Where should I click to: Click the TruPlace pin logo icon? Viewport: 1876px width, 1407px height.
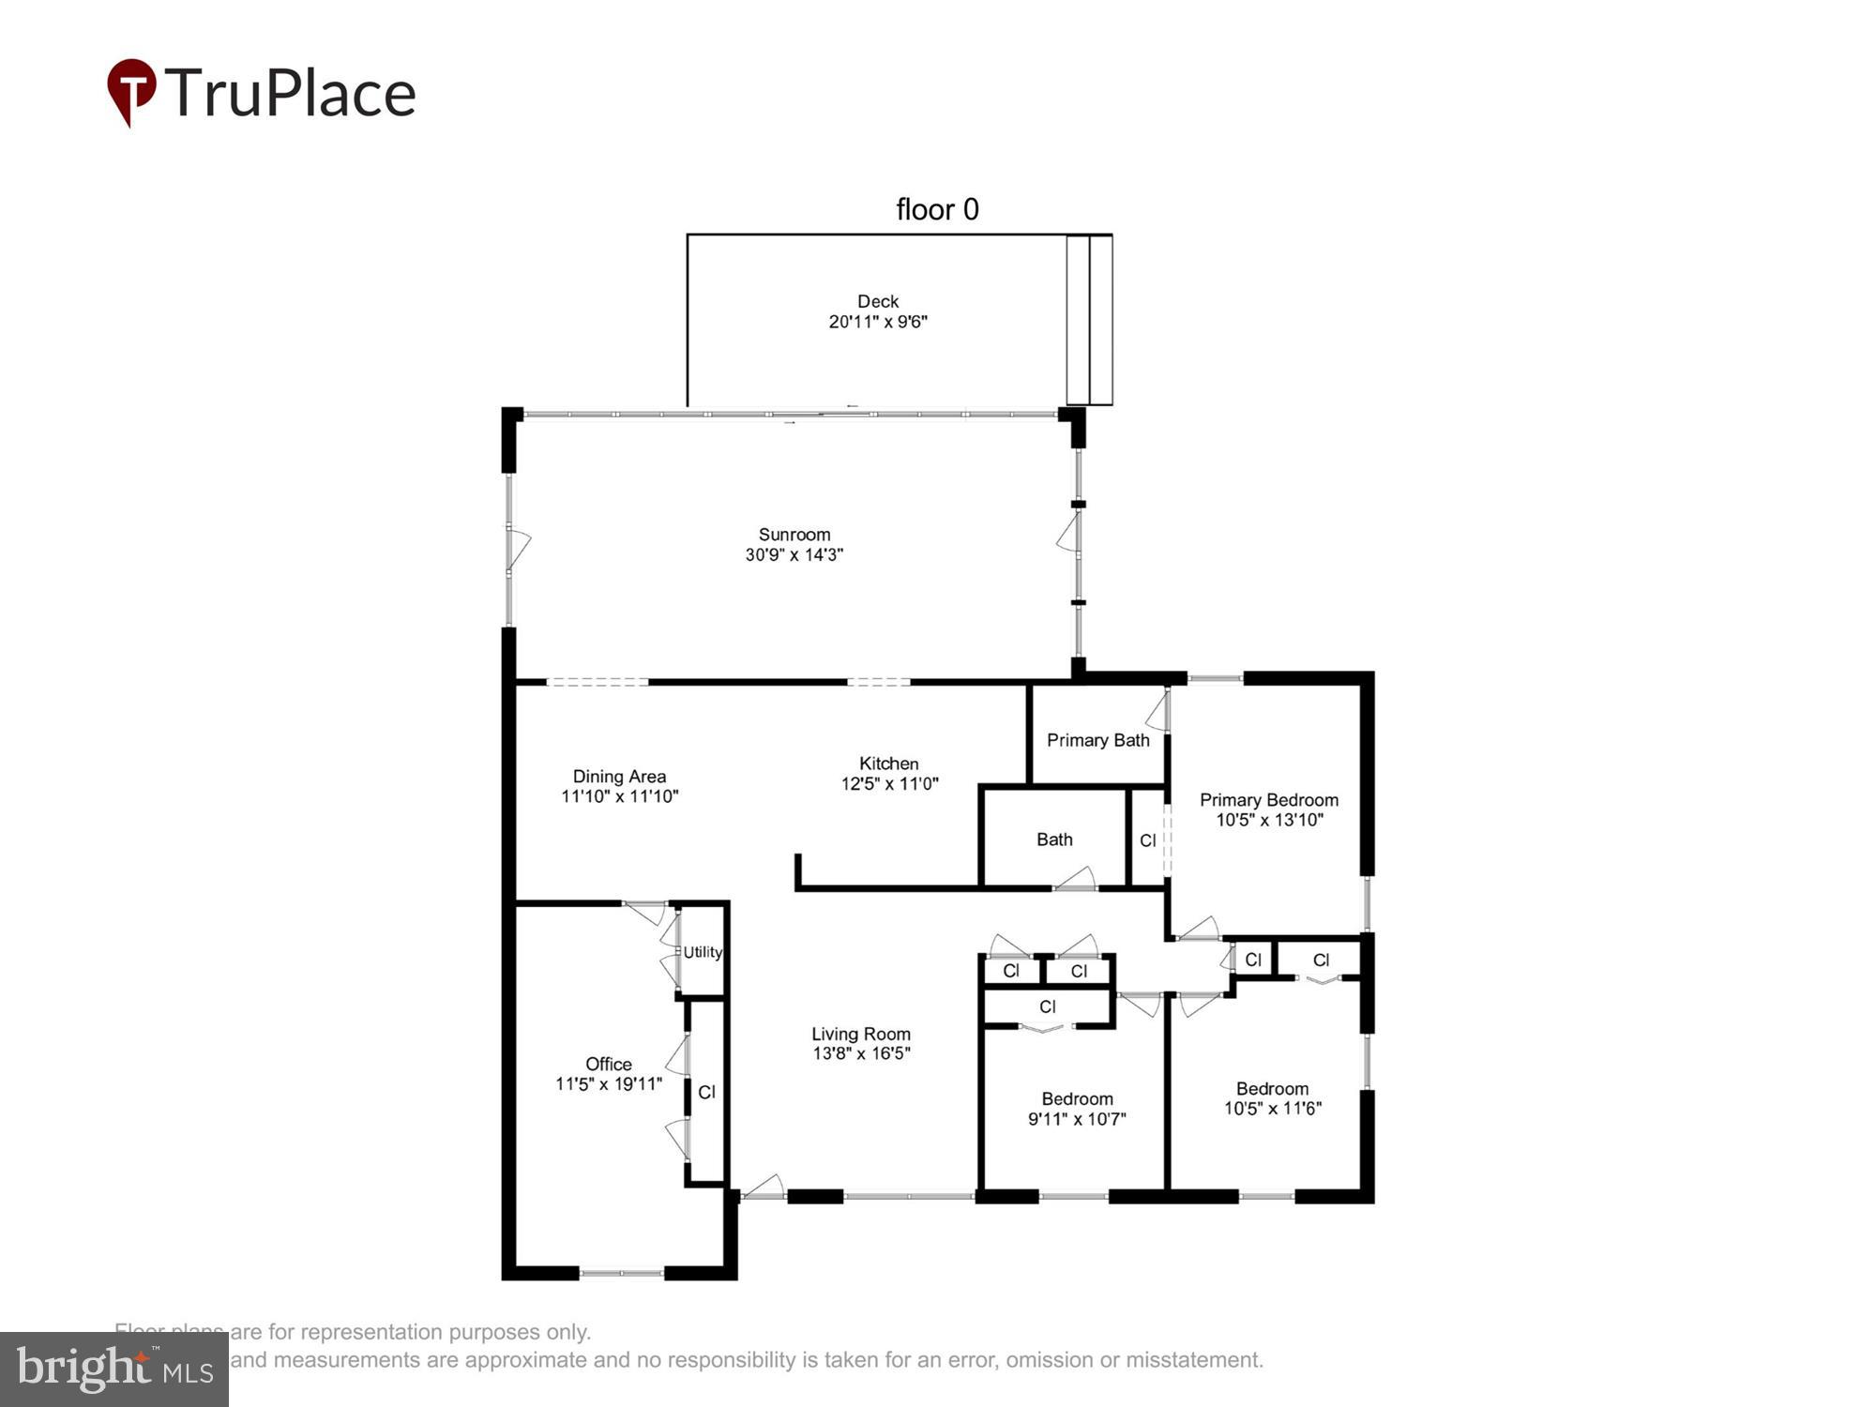131,91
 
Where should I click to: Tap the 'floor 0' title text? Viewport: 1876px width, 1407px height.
936,208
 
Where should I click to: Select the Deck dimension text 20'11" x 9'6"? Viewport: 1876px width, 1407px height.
877,322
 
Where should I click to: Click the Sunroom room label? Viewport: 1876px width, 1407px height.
794,535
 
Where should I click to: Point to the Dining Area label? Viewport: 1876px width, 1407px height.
619,777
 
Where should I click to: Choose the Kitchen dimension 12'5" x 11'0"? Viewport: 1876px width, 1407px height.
888,784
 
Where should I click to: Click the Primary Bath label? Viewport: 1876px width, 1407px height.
1097,740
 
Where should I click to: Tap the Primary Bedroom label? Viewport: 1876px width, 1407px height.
1268,800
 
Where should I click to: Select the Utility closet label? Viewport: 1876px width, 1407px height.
703,952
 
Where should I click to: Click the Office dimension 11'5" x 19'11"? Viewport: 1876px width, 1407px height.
608,1084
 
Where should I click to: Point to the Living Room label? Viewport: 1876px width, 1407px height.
860,1034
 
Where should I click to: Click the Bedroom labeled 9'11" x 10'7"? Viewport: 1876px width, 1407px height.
1076,1109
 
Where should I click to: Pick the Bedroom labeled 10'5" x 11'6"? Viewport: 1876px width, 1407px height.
1272,1098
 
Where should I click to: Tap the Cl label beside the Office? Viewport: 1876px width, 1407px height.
706,1092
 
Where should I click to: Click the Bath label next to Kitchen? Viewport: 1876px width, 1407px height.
1054,840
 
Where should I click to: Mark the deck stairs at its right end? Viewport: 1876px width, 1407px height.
1089,320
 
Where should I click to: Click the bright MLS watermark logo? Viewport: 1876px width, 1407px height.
114,1369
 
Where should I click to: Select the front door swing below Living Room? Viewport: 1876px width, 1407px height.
764,1188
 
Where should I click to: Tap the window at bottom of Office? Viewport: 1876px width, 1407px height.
621,1273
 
